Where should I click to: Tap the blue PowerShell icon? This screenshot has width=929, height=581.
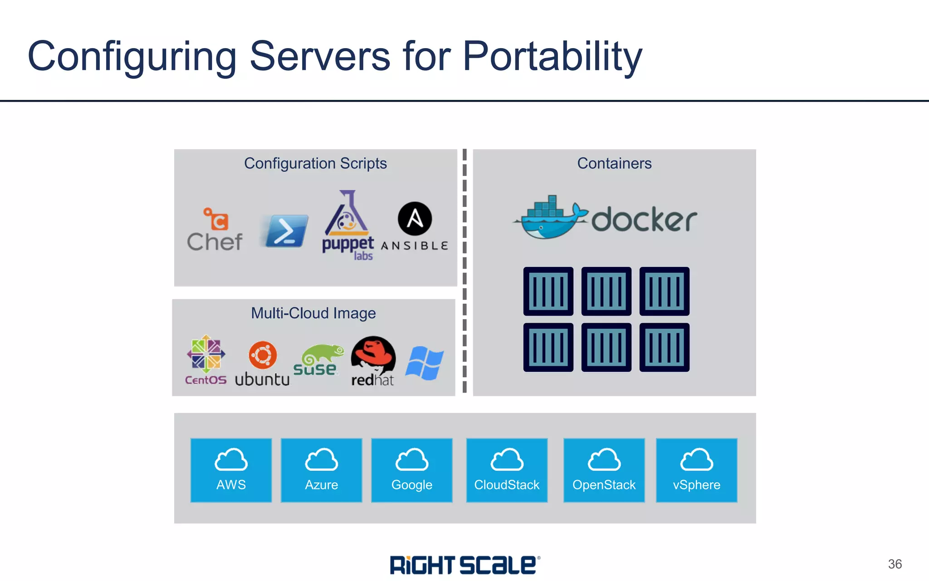tap(285, 231)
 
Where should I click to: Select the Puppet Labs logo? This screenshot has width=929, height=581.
tap(347, 225)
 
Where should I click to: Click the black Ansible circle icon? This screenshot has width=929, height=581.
tap(415, 219)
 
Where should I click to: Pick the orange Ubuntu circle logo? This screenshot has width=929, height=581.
tap(263, 355)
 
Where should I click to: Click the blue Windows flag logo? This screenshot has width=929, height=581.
tap(424, 363)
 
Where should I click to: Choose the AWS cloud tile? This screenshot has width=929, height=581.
tap(231, 470)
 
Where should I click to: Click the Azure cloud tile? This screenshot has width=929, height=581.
tap(321, 470)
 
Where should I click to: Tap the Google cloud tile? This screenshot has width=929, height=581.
tap(411, 470)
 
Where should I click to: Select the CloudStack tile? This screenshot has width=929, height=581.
tap(507, 470)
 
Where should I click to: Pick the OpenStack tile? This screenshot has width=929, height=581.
tap(604, 470)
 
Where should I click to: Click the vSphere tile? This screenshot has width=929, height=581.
tap(696, 470)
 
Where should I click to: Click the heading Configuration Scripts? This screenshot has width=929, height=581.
tap(315, 163)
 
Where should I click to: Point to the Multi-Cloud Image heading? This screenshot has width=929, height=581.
tap(313, 313)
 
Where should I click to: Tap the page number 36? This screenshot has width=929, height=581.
tap(895, 564)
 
